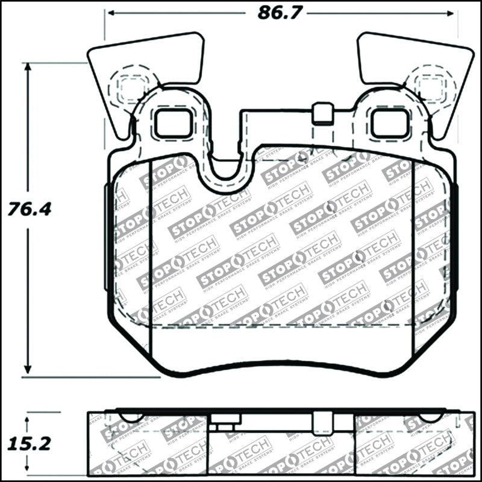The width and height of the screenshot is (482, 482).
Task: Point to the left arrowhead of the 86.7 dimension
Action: point(110,13)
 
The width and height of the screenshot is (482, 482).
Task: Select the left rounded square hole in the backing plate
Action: point(173,124)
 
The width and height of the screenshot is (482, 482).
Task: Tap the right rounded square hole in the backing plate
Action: point(389,124)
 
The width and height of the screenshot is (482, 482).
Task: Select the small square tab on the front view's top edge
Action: point(324,112)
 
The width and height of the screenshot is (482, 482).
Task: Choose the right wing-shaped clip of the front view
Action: point(416,66)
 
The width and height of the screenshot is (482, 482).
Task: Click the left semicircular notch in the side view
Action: point(132,417)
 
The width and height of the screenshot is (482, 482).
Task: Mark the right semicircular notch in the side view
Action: point(431,417)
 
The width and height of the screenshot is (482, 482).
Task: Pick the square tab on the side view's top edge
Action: point(324,421)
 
